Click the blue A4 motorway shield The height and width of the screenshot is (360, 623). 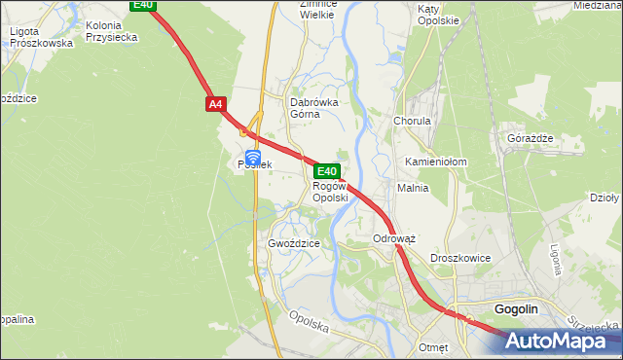coord(215,102)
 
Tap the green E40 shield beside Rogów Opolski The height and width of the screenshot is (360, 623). coord(326,171)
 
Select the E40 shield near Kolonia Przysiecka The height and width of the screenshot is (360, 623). coord(142,6)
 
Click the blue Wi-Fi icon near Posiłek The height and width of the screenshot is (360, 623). coord(252,156)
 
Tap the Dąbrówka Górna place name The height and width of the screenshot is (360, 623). coord(314,107)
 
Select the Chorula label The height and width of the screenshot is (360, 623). coord(412,121)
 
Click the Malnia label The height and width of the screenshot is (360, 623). coord(413,188)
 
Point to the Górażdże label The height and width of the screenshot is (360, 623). coord(530,137)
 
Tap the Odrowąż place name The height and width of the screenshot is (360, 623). coord(394,238)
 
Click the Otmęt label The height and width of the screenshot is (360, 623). coord(432,346)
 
